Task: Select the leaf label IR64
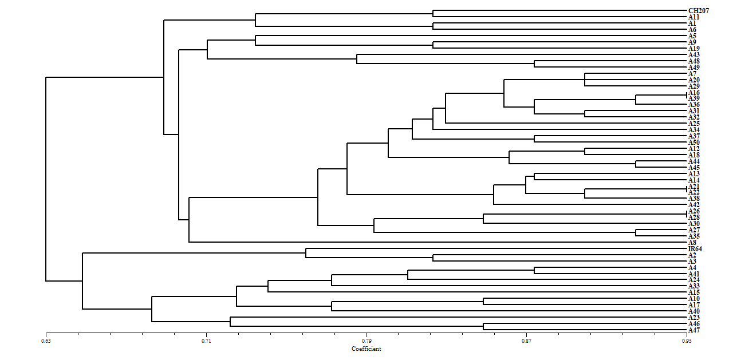pos(695,249)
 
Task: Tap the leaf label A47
pos(693,330)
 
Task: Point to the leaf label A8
pos(692,243)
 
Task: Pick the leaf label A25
pos(693,124)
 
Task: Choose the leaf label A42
pos(693,205)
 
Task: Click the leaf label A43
pos(693,55)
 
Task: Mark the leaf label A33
pos(693,286)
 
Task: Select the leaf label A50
pos(693,143)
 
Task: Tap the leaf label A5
pos(692,36)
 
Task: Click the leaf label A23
pos(693,318)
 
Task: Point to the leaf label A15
pos(693,292)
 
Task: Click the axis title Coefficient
pos(366,349)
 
